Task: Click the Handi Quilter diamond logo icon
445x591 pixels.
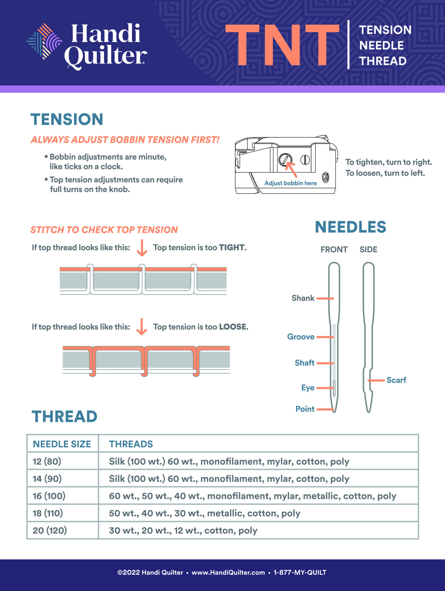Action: click(x=44, y=41)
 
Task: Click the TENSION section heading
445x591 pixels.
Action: click(x=67, y=119)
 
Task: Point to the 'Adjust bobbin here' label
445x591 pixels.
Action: click(x=291, y=183)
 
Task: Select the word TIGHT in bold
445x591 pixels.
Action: click(x=231, y=247)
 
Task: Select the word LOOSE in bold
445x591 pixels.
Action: click(x=233, y=327)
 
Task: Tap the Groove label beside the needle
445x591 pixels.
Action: click(x=301, y=337)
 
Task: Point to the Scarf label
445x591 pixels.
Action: click(x=396, y=380)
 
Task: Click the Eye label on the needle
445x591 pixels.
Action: click(x=308, y=388)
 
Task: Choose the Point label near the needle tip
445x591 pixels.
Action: click(x=305, y=409)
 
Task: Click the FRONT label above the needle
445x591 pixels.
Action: click(x=334, y=249)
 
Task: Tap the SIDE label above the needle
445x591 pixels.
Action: click(x=368, y=249)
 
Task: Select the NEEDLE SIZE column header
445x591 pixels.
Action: click(x=62, y=444)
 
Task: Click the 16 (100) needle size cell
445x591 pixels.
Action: click(x=49, y=496)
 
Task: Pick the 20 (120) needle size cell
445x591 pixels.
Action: click(x=50, y=530)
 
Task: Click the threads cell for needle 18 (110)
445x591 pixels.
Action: click(x=204, y=513)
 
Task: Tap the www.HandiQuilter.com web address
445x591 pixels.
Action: click(x=228, y=572)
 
